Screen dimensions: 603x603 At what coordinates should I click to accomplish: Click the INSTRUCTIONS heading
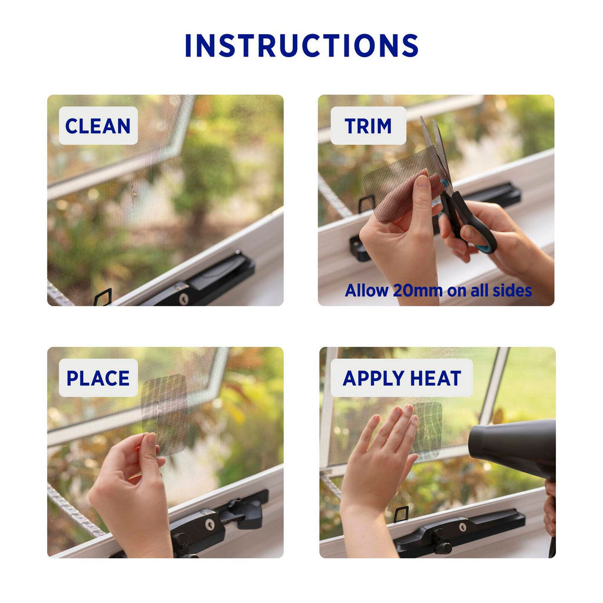click(301, 45)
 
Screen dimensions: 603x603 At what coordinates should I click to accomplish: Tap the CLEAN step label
click(98, 126)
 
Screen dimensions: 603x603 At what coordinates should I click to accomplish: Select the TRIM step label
click(368, 126)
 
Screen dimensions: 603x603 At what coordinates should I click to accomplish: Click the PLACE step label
click(98, 378)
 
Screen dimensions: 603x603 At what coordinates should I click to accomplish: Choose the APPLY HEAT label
click(402, 378)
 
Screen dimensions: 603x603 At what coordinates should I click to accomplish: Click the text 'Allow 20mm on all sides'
click(438, 291)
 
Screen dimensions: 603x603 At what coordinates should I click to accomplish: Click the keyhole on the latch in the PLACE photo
click(210, 524)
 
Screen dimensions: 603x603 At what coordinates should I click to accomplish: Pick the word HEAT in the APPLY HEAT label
click(436, 378)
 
